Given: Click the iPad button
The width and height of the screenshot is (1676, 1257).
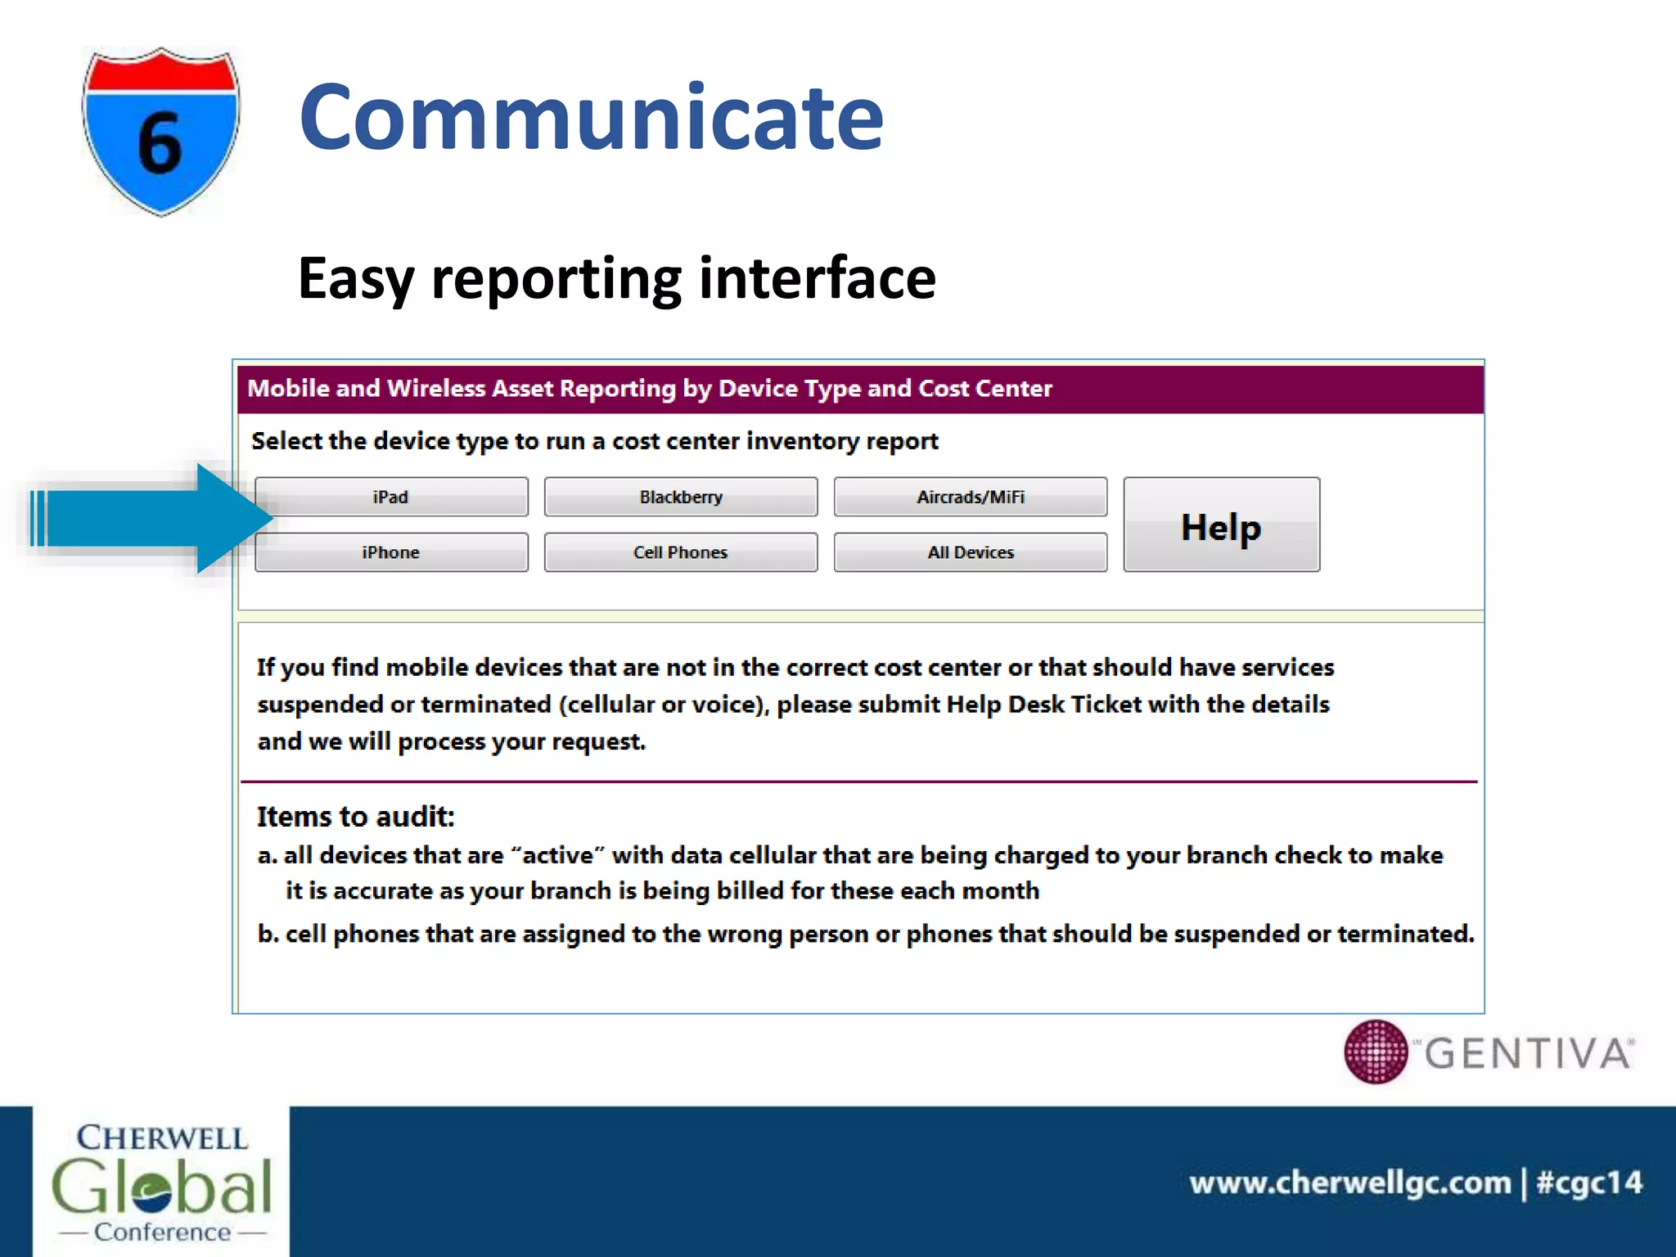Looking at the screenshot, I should click(x=391, y=497).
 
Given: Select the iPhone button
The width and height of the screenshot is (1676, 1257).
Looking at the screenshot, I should click(x=391, y=552).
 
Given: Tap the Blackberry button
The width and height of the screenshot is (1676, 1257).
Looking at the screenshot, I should click(x=680, y=497).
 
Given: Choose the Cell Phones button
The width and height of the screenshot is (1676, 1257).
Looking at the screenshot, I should click(x=680, y=552).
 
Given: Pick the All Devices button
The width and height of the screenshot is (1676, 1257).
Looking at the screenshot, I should click(x=970, y=552).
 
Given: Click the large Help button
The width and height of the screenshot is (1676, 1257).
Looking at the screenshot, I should click(x=1221, y=525).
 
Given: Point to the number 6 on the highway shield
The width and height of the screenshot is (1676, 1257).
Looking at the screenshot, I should click(x=160, y=144).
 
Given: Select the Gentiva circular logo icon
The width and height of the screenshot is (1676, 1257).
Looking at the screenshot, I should click(x=1376, y=1052).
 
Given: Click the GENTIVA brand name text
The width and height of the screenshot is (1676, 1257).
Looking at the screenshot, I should click(x=1529, y=1053).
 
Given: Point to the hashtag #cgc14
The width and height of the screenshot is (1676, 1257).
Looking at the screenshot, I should click(x=1589, y=1183).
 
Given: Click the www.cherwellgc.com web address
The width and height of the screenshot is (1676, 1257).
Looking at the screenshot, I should click(x=1350, y=1183).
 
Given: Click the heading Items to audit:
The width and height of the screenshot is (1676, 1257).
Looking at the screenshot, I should click(x=355, y=816).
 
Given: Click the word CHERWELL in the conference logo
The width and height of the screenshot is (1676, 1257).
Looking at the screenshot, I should click(x=162, y=1138).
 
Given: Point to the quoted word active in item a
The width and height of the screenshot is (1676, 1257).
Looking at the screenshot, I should click(x=557, y=855).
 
